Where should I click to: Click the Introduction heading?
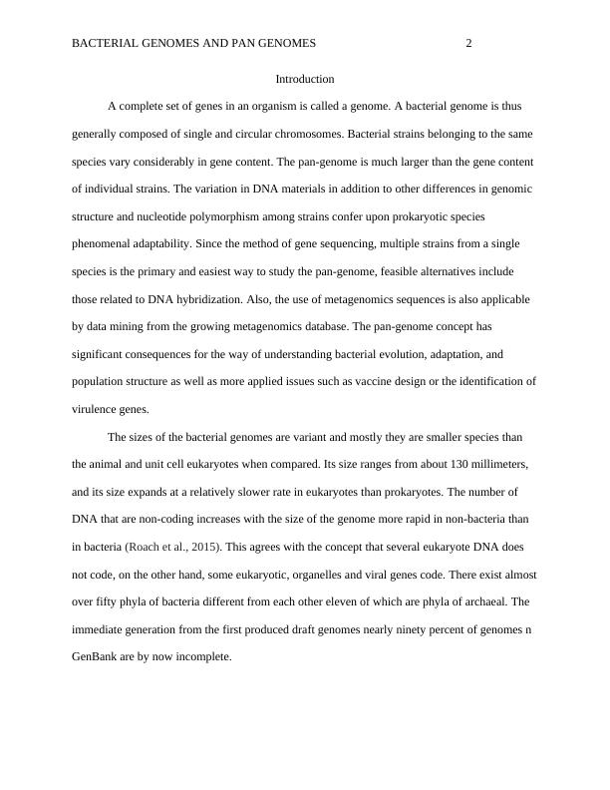(x=304, y=78)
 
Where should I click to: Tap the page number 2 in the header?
(x=468, y=43)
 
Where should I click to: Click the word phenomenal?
(x=105, y=243)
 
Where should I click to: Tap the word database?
(x=317, y=326)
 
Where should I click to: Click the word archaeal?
(x=469, y=602)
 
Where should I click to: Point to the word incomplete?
(x=203, y=657)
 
